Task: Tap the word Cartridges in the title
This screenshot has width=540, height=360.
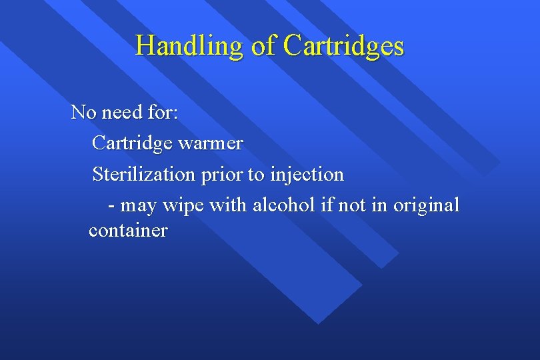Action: (343, 46)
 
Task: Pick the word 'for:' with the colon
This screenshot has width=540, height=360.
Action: (163, 112)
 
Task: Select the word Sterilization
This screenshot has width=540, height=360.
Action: (143, 175)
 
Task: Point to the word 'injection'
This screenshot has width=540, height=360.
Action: (307, 175)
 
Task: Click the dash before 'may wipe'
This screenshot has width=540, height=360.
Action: (111, 206)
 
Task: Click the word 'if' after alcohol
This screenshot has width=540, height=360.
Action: (327, 205)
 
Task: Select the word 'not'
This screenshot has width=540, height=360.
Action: (352, 206)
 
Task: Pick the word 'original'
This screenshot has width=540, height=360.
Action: (427, 206)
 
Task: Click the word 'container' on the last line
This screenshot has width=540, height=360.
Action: (128, 231)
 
